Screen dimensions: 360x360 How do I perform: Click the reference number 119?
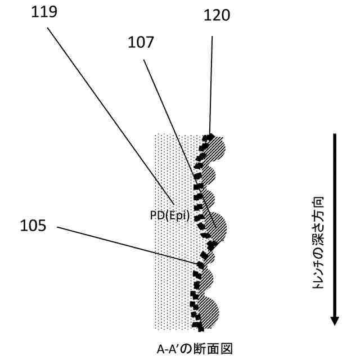(x=44, y=12)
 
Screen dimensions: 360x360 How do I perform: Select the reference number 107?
(x=142, y=42)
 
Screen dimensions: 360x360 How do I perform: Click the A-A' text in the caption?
(x=168, y=348)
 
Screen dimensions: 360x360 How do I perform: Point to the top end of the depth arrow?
(x=335, y=135)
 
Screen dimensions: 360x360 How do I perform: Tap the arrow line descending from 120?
(x=211, y=84)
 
